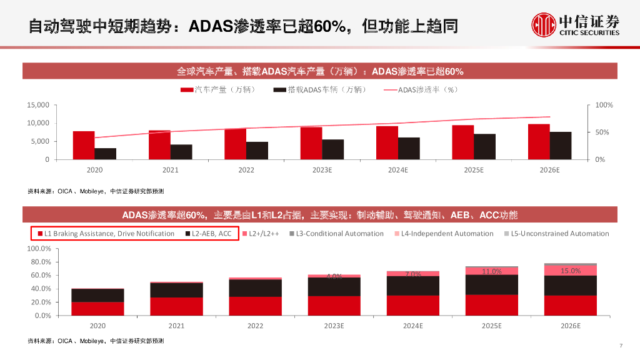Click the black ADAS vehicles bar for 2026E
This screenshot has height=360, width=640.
(x=561, y=145)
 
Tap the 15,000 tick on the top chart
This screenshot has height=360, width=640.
(x=38, y=105)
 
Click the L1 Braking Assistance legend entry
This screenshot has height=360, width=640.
(x=106, y=234)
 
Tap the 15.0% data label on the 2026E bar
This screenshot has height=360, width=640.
(x=570, y=271)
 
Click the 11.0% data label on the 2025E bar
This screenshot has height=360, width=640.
(x=491, y=271)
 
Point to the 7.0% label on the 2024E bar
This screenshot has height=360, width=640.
(x=412, y=274)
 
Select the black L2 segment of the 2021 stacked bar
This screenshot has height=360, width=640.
(x=176, y=290)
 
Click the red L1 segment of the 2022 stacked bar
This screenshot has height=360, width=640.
(x=255, y=306)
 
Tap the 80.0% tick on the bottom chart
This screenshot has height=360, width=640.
(x=41, y=262)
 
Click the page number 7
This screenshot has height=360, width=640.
(x=621, y=346)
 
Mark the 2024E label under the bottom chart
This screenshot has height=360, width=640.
(x=412, y=326)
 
